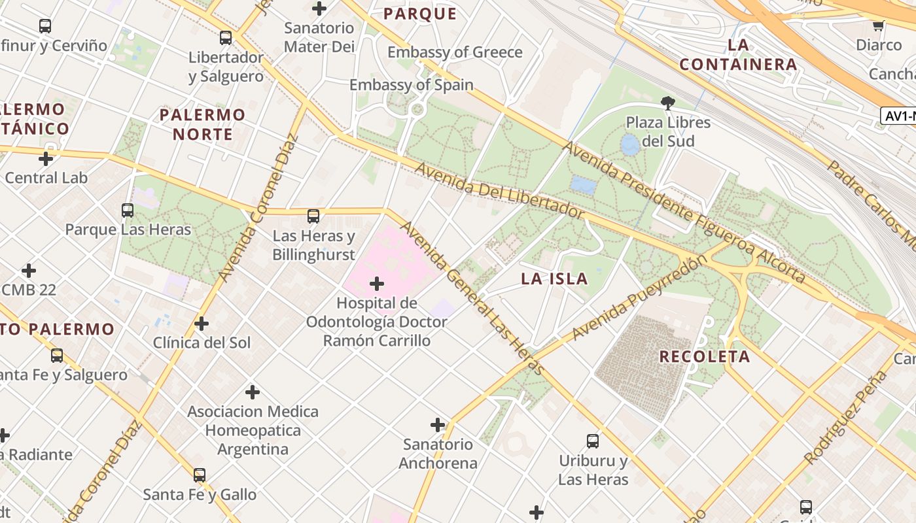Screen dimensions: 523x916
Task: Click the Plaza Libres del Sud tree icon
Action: click(x=667, y=103)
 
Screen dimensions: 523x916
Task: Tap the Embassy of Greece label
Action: click(x=455, y=52)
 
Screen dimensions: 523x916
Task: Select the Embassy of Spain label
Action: click(x=411, y=85)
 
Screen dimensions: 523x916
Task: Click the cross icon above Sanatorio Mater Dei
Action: click(x=319, y=8)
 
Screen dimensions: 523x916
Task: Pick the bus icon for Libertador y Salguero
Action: click(x=226, y=38)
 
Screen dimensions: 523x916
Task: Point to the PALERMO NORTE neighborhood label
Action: click(x=202, y=124)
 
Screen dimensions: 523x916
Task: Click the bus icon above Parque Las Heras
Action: click(x=128, y=211)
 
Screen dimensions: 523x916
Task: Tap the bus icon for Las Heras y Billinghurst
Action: click(x=313, y=216)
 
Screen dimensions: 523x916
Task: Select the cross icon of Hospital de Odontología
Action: click(x=377, y=284)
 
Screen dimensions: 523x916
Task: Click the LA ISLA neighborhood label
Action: click(x=554, y=279)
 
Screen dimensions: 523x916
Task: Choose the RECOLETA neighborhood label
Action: click(x=704, y=357)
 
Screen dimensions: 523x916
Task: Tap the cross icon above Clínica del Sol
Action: click(x=202, y=324)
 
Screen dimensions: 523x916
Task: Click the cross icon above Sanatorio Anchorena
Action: click(x=438, y=425)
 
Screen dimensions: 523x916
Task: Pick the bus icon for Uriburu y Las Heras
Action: click(x=593, y=441)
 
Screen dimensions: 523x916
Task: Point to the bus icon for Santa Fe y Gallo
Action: click(x=200, y=475)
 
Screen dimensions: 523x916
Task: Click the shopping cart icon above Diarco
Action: click(x=878, y=26)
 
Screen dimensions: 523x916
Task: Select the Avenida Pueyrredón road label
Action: click(x=639, y=297)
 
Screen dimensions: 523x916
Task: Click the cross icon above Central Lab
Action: click(x=46, y=159)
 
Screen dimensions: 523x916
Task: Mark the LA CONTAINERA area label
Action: click(x=738, y=55)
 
